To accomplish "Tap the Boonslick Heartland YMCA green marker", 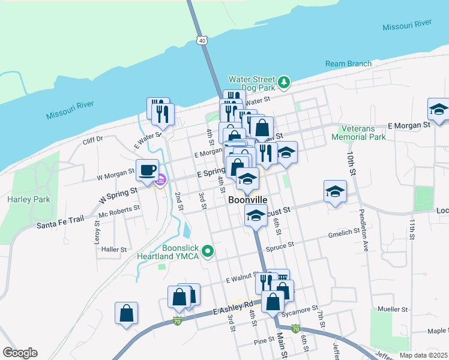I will point(208,251).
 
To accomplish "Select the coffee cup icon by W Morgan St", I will point(147,170).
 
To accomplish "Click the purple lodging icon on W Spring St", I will point(160,180).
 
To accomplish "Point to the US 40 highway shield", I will point(202,40).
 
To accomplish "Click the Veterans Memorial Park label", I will point(362,133).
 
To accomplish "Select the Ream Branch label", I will point(348,64).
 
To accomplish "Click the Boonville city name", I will point(247,200).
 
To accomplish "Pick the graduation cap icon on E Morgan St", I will point(439,110).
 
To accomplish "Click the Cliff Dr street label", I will point(93,139).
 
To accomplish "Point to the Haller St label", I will point(114,249).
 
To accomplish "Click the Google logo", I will point(20,353).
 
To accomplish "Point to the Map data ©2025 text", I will point(423,355).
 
